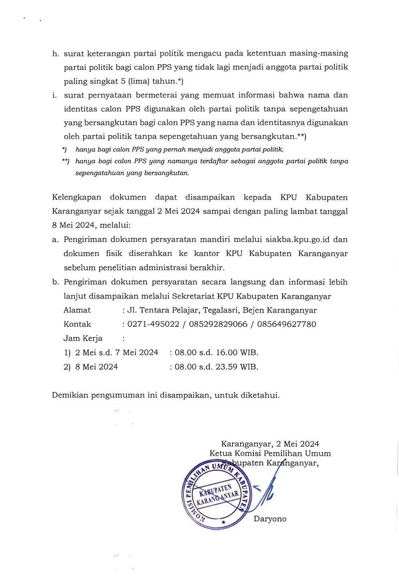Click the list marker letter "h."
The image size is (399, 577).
pos(55,53)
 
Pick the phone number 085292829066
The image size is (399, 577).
pos(218,324)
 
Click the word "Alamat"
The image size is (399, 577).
pos(77,310)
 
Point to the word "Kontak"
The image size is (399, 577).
pos(77,324)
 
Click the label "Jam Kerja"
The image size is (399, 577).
pos(83,338)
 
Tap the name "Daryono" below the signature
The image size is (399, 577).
pos(270,519)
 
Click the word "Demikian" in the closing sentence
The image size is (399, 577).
pos(70,395)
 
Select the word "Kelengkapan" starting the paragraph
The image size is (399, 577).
pos(76,197)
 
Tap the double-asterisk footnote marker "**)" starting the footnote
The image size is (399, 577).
pos(66,161)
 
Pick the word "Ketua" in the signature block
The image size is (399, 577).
pos(221,454)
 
